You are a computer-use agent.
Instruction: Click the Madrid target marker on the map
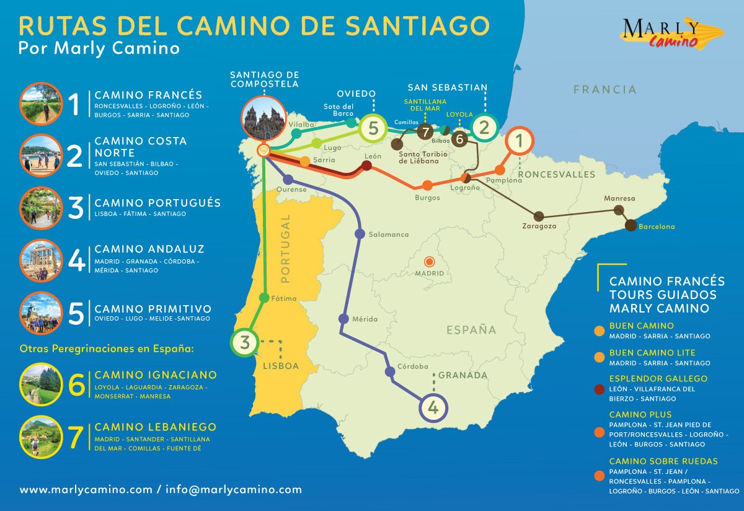coord(430,262)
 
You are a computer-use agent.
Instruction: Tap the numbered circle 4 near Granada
coord(433,407)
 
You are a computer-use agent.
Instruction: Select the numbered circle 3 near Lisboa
coord(245,342)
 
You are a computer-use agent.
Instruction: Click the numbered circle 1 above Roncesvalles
coord(520,141)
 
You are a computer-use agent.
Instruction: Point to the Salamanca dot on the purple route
coord(360,234)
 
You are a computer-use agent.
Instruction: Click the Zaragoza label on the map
coord(539,226)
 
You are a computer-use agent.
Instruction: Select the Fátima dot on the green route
coord(264,298)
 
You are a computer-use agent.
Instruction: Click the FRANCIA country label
coord(604,90)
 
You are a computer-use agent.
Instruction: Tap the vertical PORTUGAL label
coord(286,248)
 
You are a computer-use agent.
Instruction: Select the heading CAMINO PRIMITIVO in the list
coord(153,309)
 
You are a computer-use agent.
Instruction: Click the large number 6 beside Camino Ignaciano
coord(76,384)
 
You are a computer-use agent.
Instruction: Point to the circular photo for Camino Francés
coord(41,104)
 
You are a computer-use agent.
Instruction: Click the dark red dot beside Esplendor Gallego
coord(599,389)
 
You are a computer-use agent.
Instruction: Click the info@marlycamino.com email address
coord(234,489)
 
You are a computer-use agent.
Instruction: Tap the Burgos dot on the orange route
coord(427,185)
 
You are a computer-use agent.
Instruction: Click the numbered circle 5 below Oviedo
coord(373,128)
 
